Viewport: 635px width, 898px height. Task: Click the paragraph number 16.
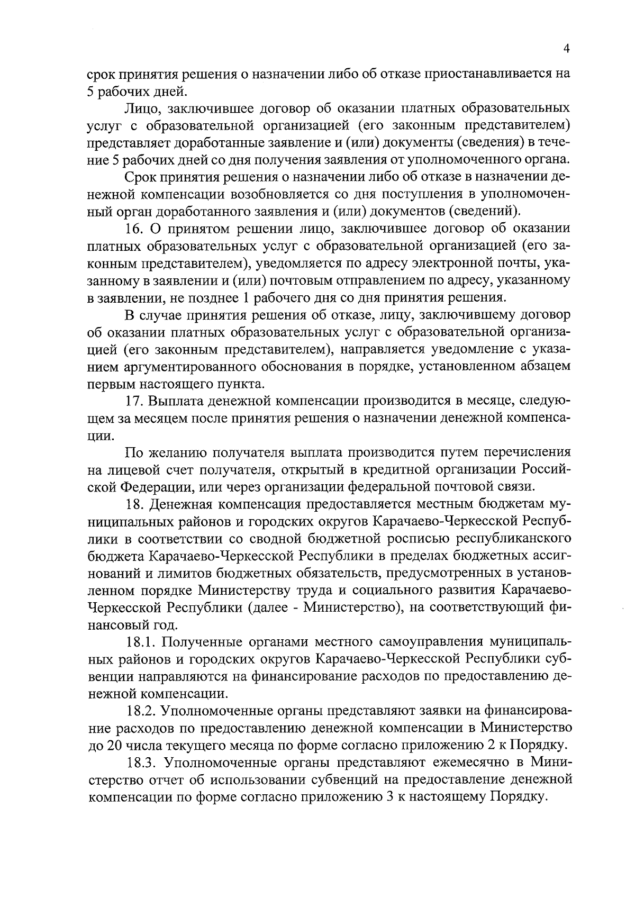[134, 229]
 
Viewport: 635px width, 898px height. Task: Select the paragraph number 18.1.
[141, 642]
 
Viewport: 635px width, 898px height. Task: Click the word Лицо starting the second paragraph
[139, 109]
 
